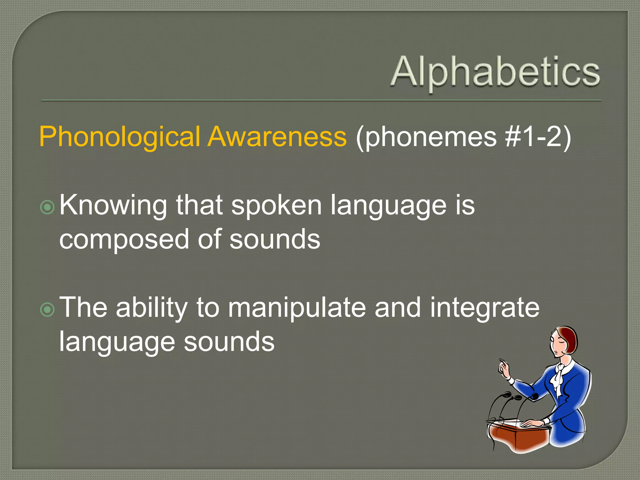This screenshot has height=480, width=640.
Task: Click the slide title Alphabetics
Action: tap(495, 72)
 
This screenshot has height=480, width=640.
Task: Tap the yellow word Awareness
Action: tap(277, 137)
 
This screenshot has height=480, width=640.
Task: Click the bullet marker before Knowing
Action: tap(47, 207)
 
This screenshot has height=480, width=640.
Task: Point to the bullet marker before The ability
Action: tap(47, 309)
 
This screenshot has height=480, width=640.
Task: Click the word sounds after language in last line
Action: tap(229, 342)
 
